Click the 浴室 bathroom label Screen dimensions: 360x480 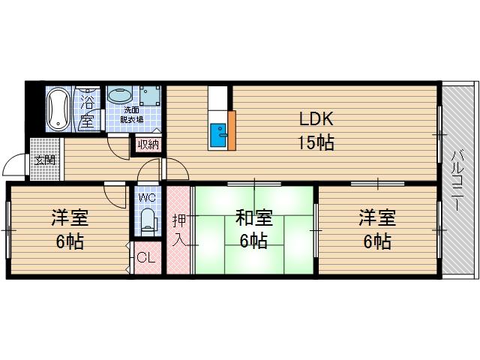[87, 109]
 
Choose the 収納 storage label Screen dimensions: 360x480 [148, 145]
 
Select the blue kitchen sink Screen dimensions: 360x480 [219, 136]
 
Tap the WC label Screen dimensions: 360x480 [147, 198]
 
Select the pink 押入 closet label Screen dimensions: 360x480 [179, 229]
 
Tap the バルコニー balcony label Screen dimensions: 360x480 [457, 180]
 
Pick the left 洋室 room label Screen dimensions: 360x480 [69, 218]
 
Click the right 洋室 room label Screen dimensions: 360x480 [375, 218]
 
